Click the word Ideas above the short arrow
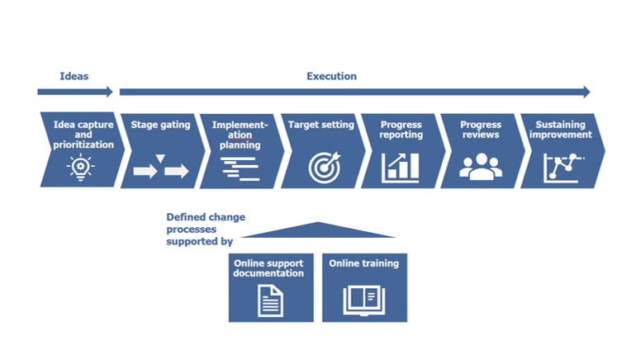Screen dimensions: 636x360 coord(74,76)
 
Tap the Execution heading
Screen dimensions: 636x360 coord(331,76)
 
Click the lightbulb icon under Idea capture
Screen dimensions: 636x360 coord(81,167)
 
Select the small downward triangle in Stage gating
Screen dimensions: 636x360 coord(160,158)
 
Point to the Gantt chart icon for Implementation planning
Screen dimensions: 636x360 coord(240,168)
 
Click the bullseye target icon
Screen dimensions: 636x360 coord(325,168)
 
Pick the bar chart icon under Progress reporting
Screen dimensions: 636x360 coord(401,168)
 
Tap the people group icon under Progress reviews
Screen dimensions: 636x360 coord(481,167)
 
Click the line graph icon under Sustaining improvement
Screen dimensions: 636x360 coord(562,168)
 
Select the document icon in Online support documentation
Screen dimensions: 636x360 coord(271,301)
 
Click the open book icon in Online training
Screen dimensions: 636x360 coord(363,301)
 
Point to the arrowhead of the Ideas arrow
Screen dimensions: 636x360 coord(110,92)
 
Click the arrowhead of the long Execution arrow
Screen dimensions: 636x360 coord(587,92)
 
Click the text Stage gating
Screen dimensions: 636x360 coord(160,125)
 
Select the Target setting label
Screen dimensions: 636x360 coord(320,125)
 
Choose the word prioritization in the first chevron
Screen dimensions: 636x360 coord(83,144)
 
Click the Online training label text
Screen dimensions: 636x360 coord(363,263)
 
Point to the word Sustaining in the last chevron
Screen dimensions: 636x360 coord(561,125)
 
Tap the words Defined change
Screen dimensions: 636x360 coord(206,217)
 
